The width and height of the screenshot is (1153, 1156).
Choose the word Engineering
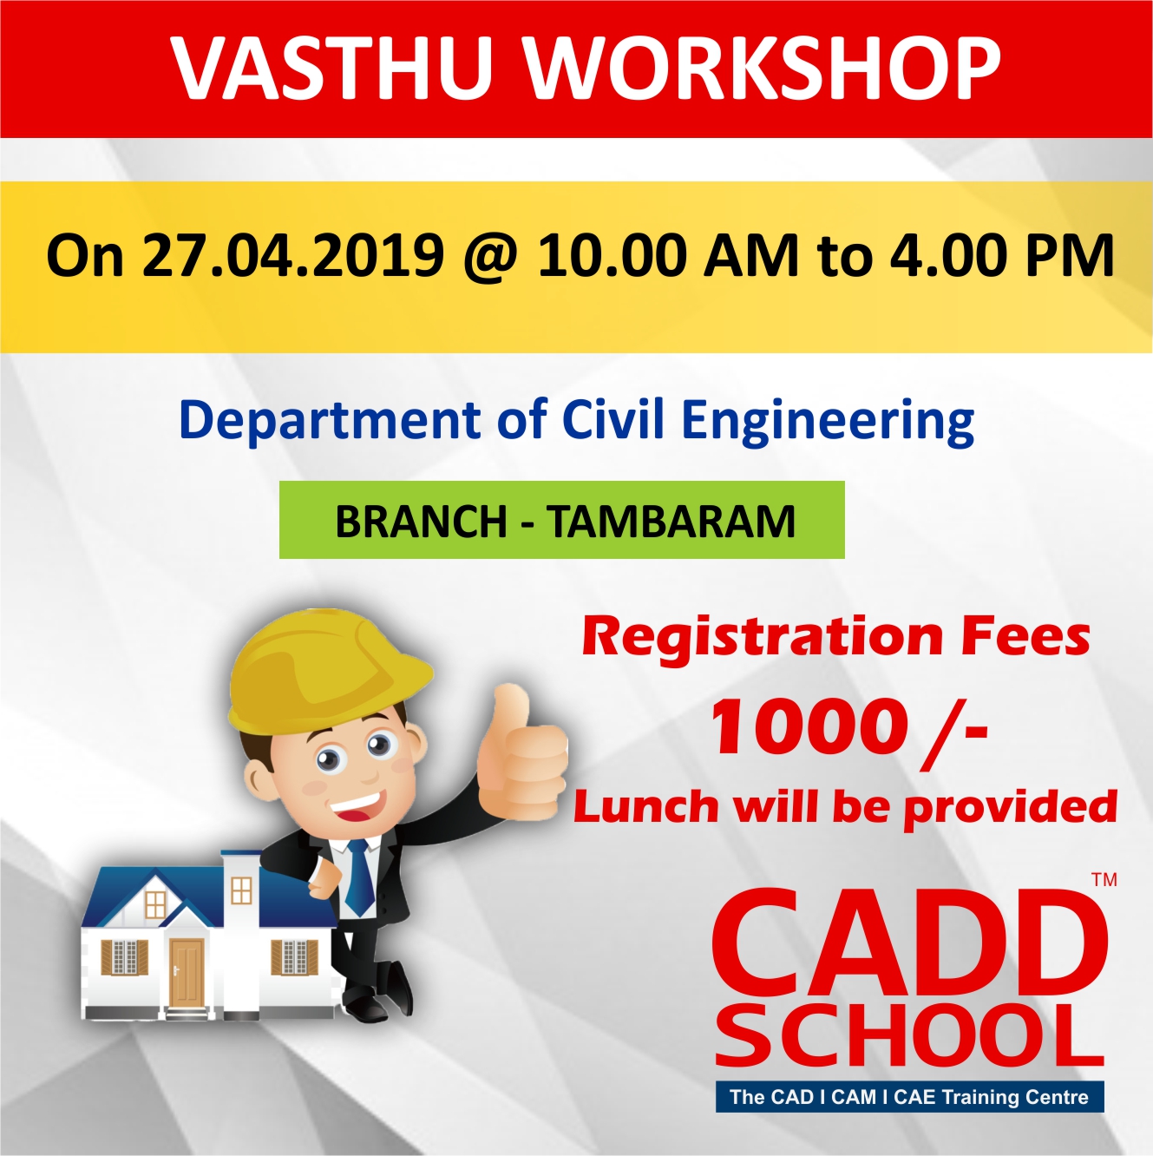[x=828, y=423]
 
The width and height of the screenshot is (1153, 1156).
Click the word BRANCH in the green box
[x=421, y=522]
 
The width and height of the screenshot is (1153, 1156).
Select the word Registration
[x=762, y=639]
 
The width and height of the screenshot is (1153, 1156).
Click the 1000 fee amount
[x=808, y=729]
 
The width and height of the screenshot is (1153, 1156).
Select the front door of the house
[x=187, y=972]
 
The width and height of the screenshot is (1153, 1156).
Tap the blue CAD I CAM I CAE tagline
[x=909, y=1097]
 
